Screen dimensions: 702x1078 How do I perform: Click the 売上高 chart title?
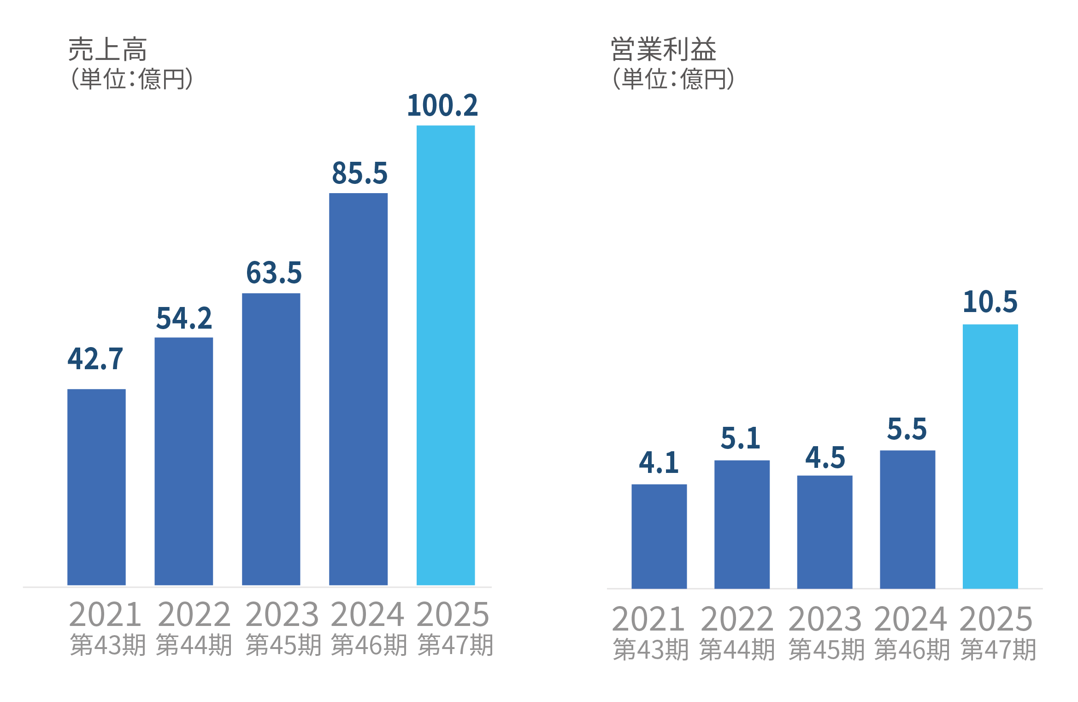point(107,49)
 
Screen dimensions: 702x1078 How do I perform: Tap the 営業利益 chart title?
point(663,49)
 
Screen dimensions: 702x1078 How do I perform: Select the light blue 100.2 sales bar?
point(446,355)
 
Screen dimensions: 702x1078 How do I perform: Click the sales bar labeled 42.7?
point(96,487)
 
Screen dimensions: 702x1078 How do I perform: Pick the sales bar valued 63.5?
point(271,439)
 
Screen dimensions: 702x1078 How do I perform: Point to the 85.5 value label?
point(359,173)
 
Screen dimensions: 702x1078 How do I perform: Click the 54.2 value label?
point(184,318)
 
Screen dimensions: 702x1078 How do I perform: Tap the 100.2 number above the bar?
point(442,106)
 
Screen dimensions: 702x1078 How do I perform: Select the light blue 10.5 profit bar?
point(990,456)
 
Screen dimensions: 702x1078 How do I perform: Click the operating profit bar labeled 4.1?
point(659,536)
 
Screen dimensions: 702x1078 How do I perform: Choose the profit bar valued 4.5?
point(825,531)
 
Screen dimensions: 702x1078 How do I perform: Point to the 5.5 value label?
point(907,429)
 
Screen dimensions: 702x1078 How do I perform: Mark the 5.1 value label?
point(740,438)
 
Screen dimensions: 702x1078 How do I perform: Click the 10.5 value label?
point(990,302)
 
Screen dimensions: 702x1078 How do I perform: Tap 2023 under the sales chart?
point(282,614)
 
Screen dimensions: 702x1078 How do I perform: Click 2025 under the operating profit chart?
point(996,619)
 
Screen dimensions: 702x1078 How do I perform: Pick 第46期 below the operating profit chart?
point(912,649)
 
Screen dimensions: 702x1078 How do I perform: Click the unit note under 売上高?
point(131,79)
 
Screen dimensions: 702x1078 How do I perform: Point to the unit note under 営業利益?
point(673,79)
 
